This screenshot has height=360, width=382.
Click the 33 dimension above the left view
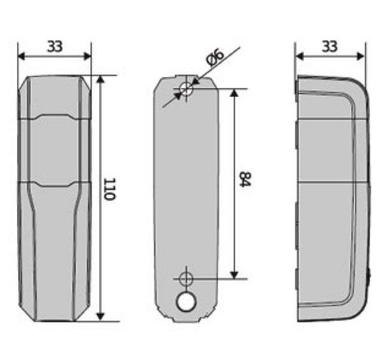pyautogui.click(x=55, y=46)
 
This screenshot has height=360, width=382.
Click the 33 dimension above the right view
pyautogui.click(x=330, y=46)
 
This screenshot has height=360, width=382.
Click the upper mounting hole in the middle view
pyautogui.click(x=186, y=89)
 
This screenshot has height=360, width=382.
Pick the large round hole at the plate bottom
pyautogui.click(x=186, y=301)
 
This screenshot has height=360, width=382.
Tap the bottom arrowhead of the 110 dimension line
pyautogui.click(x=100, y=316)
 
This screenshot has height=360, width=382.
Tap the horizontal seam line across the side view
pyautogui.click(x=331, y=182)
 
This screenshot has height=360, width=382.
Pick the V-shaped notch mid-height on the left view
pyautogui.click(x=54, y=184)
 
